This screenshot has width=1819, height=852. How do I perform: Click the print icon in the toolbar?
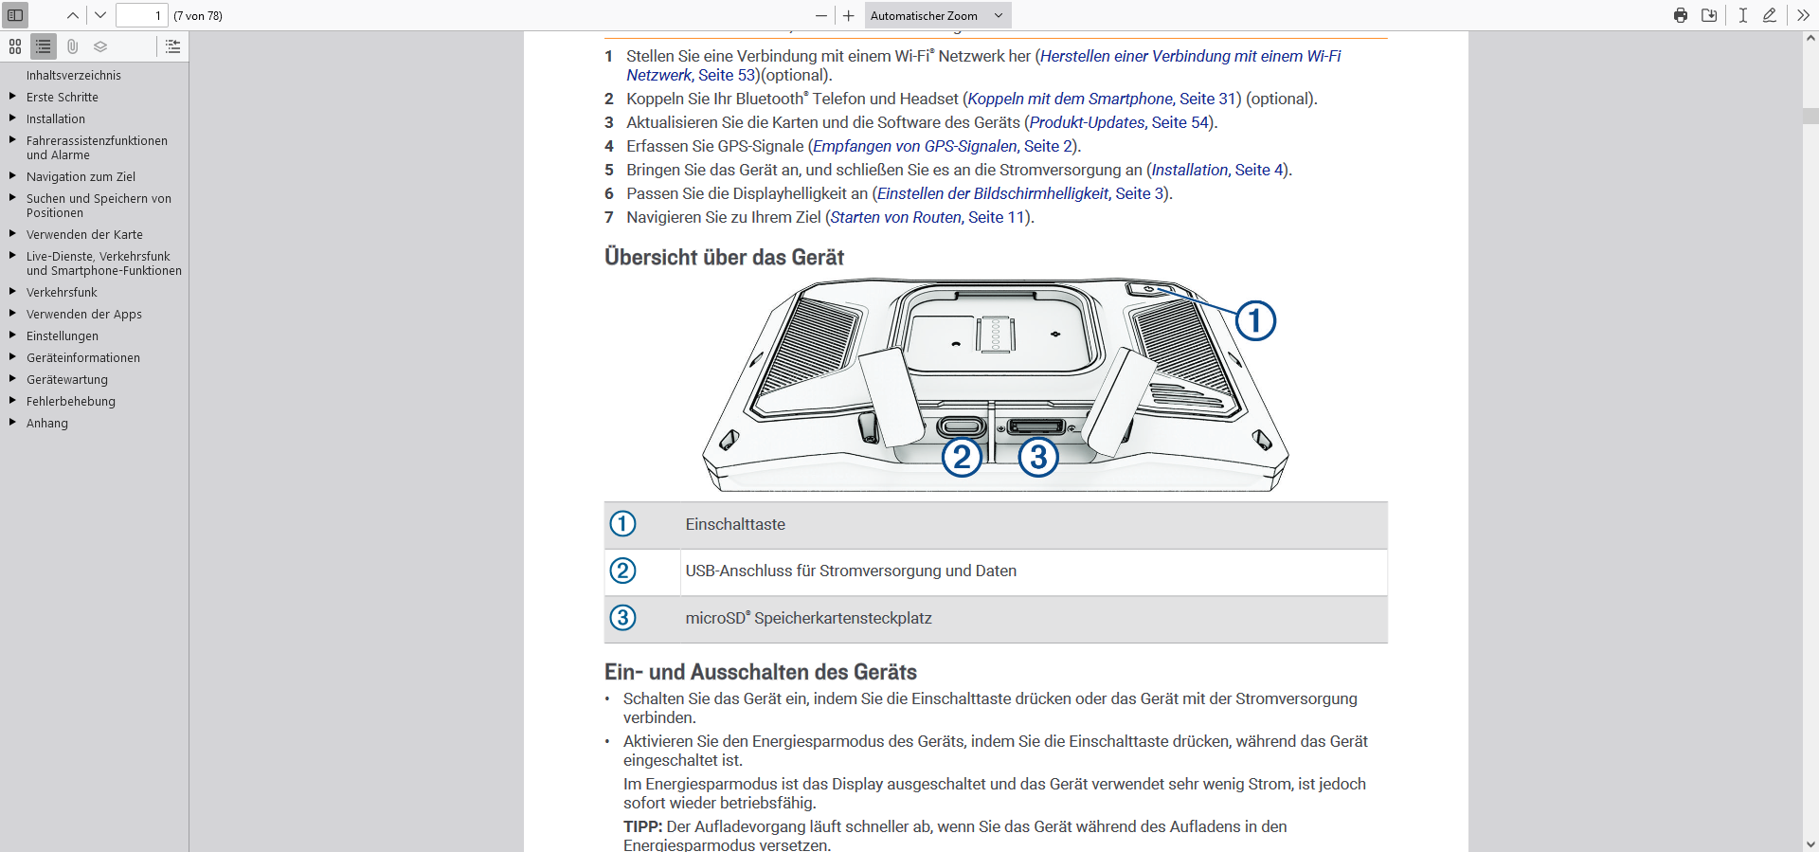tap(1680, 15)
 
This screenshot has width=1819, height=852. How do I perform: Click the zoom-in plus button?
tap(848, 15)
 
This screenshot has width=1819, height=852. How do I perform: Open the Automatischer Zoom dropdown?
tap(937, 15)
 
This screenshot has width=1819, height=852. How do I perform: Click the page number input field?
tap(141, 15)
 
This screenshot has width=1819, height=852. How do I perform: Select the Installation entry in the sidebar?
tap(56, 118)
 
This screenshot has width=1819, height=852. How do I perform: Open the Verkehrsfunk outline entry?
tap(62, 292)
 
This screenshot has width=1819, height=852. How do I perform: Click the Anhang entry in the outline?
tap(47, 423)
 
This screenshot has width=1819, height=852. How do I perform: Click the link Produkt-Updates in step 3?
tap(1087, 122)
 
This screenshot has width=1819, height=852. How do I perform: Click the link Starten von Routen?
tap(895, 217)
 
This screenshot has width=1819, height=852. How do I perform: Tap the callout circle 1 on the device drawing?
tap(1255, 320)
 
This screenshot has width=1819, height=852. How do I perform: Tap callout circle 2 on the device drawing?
tap(962, 457)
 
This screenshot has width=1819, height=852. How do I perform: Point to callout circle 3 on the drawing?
tap(1038, 457)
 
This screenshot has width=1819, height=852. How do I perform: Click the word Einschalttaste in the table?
tap(735, 524)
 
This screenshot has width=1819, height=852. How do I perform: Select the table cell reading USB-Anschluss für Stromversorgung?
tap(851, 571)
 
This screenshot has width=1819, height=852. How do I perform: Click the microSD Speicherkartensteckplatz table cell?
tap(808, 618)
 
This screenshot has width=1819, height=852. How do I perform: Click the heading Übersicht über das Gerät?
tap(724, 257)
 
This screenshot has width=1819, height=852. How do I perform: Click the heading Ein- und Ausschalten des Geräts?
tap(760, 672)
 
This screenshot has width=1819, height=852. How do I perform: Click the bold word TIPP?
tap(642, 826)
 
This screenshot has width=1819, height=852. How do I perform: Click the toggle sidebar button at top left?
tap(15, 15)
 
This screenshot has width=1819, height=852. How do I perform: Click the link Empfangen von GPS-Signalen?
tap(914, 146)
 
